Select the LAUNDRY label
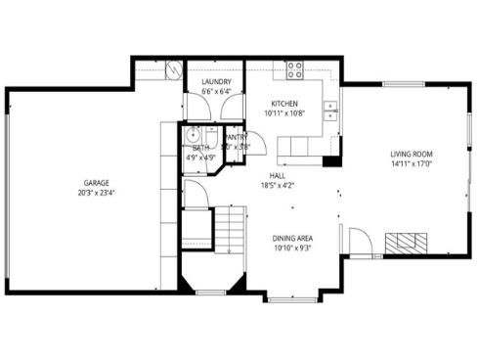click(216, 82)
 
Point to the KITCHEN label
click(283, 104)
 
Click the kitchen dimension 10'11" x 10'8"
click(283, 113)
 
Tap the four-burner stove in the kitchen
click(293, 69)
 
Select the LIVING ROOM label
click(411, 155)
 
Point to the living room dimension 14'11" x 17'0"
click(411, 165)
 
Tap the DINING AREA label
click(292, 237)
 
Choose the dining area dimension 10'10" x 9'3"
click(292, 247)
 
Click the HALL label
click(278, 175)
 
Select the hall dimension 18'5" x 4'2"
click(278, 185)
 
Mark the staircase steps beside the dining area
click(228, 230)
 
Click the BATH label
click(200, 147)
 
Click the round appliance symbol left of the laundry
click(174, 70)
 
